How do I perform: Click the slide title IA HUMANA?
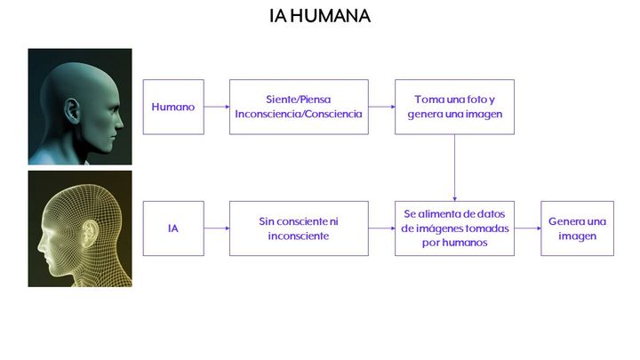click(320, 16)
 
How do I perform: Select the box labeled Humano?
click(173, 107)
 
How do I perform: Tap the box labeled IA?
click(173, 228)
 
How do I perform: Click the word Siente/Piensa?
click(299, 100)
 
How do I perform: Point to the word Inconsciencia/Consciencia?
click(299, 114)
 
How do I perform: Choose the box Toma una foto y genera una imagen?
click(455, 107)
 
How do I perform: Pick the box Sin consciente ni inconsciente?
click(299, 228)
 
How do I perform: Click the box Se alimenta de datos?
click(455, 228)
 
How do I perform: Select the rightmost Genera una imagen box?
click(577, 228)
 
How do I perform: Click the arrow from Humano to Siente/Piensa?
click(217, 107)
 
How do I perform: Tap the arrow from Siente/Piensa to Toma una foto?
click(381, 107)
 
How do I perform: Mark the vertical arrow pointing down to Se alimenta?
click(455, 168)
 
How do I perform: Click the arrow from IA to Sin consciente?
click(217, 228)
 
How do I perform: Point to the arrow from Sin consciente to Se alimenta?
click(381, 228)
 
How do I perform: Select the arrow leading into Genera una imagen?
click(527, 228)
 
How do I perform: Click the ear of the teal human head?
click(72, 110)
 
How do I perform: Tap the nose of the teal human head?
click(119, 121)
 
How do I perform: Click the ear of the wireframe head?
click(90, 234)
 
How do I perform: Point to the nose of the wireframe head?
click(41, 244)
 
